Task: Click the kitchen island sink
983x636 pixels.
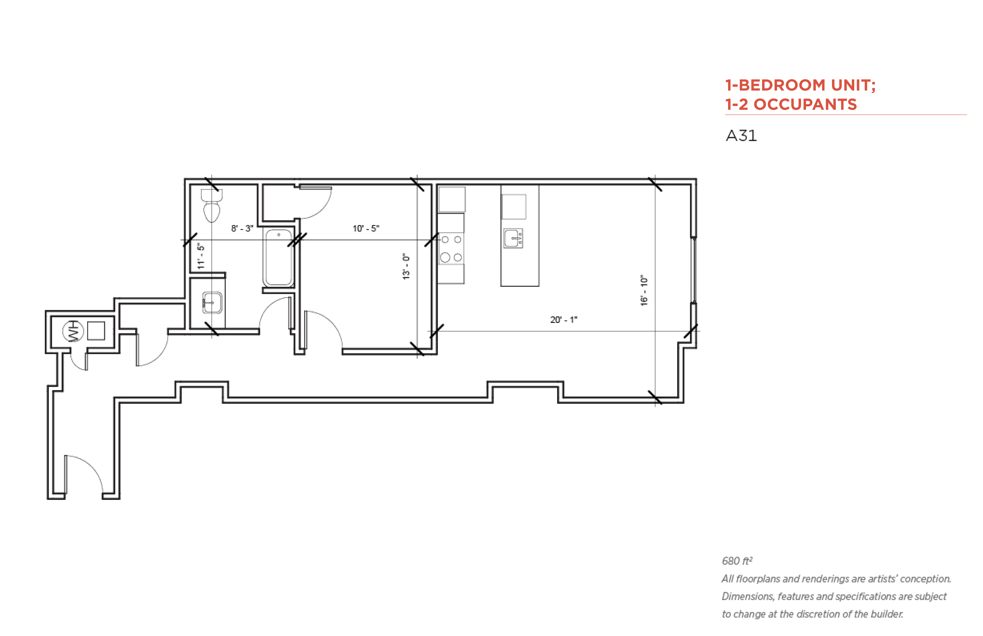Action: (x=513, y=238)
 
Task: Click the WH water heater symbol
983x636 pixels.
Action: (x=73, y=331)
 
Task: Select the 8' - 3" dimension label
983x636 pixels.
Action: (x=242, y=228)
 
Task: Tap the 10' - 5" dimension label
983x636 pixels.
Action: (x=366, y=228)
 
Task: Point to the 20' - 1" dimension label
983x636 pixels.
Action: (x=564, y=320)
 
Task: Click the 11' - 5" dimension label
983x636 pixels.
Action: (x=201, y=256)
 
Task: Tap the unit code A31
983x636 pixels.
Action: (x=741, y=136)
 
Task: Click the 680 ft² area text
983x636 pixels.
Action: (x=737, y=561)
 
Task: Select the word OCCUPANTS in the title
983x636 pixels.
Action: (x=805, y=104)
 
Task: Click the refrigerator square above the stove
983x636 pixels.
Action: (x=452, y=200)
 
